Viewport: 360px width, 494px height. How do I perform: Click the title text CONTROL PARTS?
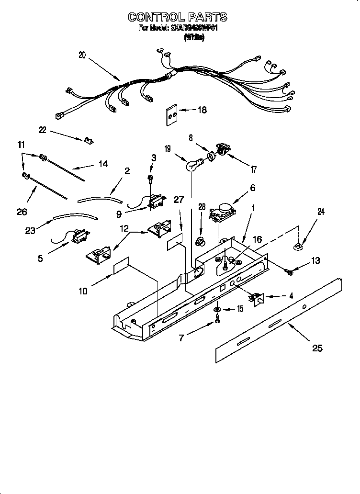coord(177,17)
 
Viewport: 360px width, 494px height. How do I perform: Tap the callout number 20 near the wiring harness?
coord(82,55)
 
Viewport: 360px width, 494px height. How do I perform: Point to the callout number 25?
coord(317,348)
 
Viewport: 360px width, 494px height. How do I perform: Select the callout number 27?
coord(178,200)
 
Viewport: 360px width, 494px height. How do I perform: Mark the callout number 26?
coord(22,211)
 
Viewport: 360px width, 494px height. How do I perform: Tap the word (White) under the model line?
coord(194,37)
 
